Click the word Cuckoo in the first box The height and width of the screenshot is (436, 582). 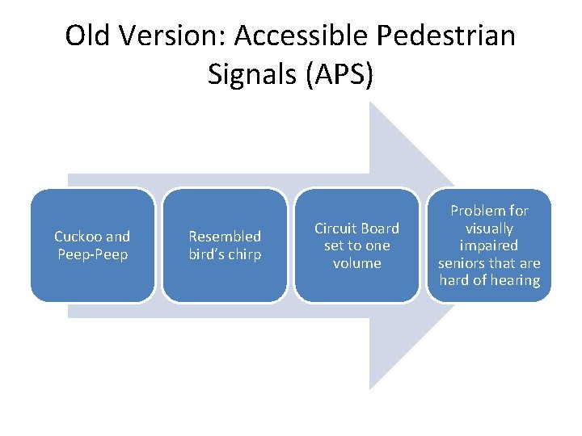[78, 237]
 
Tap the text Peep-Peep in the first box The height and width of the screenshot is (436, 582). [92, 254]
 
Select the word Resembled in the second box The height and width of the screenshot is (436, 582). [225, 237]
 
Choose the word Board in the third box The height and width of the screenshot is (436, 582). [380, 228]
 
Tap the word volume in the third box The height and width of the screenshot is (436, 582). [356, 263]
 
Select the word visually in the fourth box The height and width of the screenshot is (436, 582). [489, 228]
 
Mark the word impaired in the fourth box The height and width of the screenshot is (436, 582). [489, 245]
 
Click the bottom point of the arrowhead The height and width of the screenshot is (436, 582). [371, 388]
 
